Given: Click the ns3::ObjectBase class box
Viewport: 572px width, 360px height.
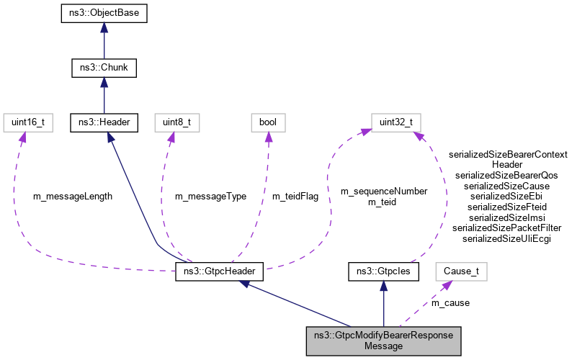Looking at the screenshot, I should [x=104, y=13].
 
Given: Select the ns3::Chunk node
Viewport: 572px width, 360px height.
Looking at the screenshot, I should [x=104, y=68].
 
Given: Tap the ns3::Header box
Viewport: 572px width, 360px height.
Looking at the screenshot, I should [x=104, y=122].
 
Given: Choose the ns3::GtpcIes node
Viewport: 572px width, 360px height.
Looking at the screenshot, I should [x=383, y=273].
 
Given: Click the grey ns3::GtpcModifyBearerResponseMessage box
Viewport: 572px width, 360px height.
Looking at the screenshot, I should [x=383, y=340].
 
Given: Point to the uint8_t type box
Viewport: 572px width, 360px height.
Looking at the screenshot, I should [x=174, y=122].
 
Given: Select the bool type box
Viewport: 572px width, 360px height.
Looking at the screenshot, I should [x=269, y=122].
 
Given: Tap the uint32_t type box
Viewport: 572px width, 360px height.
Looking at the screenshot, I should [x=396, y=122].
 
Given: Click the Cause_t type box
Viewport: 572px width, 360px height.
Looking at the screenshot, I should [x=462, y=273].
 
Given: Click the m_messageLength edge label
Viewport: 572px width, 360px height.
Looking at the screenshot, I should [x=73, y=196].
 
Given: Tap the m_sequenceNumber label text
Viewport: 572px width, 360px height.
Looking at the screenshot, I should [x=384, y=191].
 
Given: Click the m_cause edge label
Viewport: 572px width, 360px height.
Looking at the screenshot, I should [x=450, y=303].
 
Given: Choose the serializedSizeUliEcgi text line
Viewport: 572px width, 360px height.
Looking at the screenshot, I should [x=506, y=238].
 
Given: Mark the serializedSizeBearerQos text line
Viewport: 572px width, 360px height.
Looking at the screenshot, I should [x=506, y=175].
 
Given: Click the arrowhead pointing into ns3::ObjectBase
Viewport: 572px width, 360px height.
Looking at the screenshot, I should [x=104, y=27].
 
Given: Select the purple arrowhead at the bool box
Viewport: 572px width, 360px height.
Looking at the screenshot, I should [x=269, y=137].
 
